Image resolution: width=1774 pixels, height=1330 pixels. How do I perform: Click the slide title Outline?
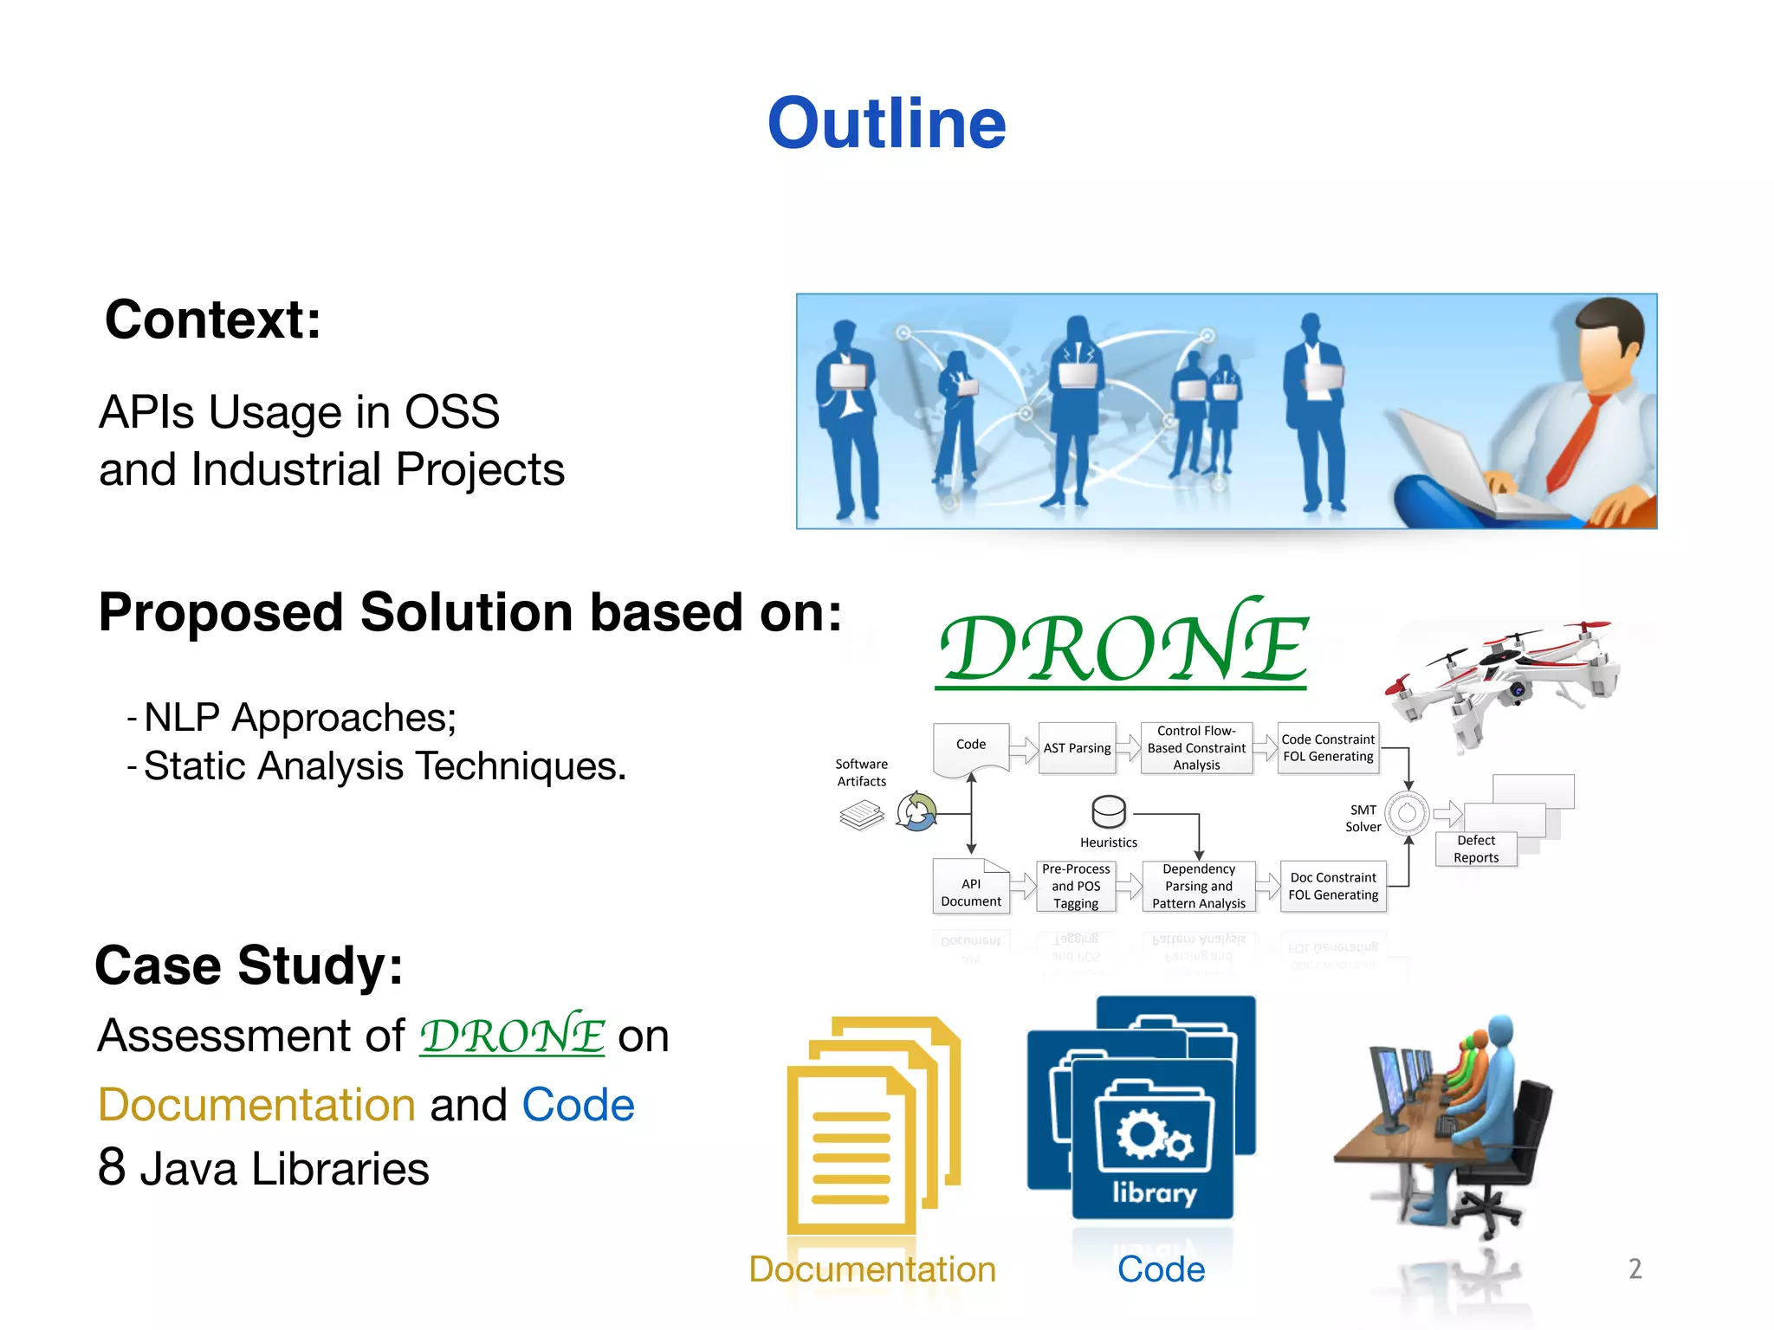point(886,123)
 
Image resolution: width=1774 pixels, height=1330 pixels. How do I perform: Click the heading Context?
point(212,320)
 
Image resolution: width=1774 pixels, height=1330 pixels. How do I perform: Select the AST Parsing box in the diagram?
point(1077,748)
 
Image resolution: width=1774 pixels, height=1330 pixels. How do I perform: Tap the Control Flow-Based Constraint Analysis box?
point(1196,748)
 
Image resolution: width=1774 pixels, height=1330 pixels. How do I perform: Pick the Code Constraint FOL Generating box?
point(1328,748)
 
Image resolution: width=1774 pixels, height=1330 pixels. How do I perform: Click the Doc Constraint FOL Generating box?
point(1333,887)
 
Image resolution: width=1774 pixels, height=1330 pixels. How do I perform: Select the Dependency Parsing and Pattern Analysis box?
point(1199,887)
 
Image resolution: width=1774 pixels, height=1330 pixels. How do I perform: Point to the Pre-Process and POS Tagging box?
point(1076,887)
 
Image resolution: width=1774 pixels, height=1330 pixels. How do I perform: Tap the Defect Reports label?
point(1476,849)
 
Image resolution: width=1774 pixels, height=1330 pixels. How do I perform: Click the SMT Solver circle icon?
point(1408,813)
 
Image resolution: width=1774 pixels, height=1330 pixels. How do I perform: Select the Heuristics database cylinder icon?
point(1109,812)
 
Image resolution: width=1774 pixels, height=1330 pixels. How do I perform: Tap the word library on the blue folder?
point(1154,1192)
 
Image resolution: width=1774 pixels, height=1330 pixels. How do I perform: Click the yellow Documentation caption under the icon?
point(872,1269)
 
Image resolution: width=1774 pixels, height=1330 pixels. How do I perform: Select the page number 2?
point(1635,1269)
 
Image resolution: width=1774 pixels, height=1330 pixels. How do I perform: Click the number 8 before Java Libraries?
point(112,1167)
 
